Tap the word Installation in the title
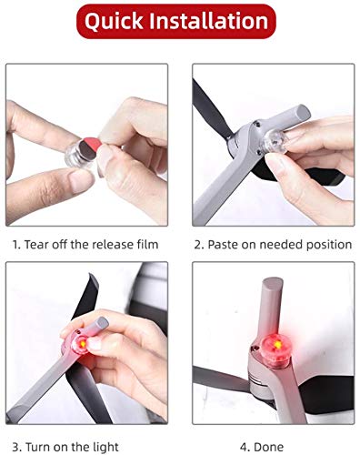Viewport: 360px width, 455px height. point(211,21)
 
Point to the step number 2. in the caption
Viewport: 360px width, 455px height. point(200,245)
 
